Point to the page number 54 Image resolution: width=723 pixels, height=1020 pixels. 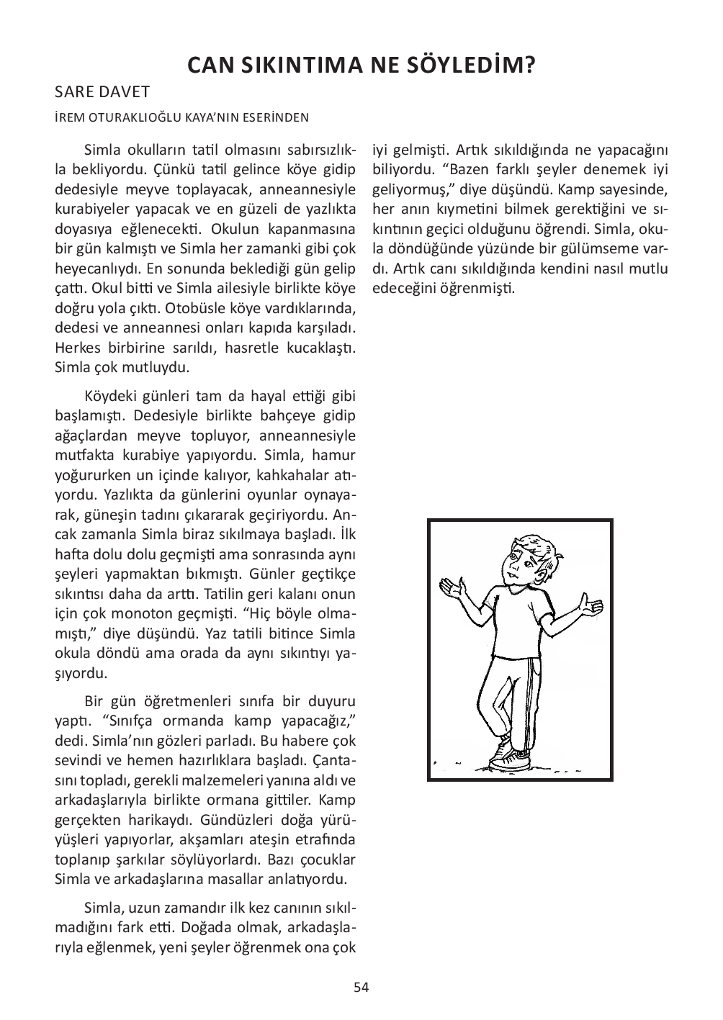[x=361, y=987]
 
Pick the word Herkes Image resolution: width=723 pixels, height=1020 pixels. [x=75, y=348]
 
